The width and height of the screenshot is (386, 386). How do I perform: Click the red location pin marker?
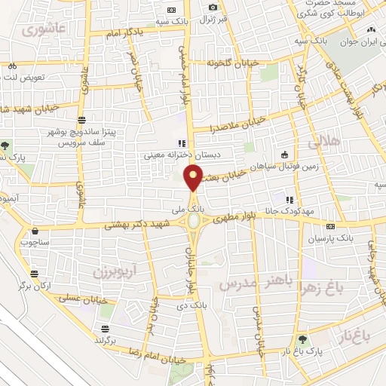point(194,178)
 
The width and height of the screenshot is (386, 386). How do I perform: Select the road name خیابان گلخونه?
point(233,63)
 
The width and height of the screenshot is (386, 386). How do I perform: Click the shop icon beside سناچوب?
point(35,231)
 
